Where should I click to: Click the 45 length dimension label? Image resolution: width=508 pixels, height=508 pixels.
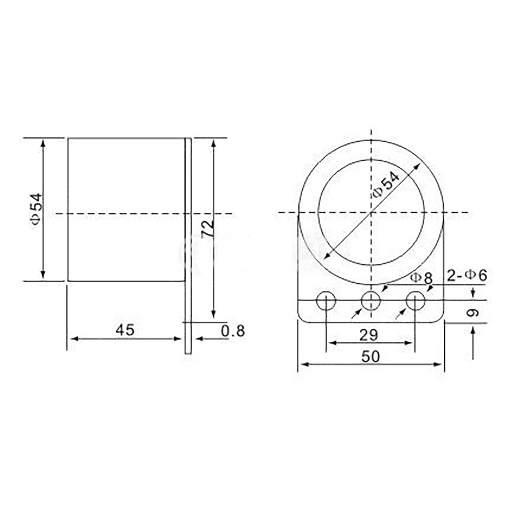pos(125,330)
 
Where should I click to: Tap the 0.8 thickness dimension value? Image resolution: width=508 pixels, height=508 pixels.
pos(233,331)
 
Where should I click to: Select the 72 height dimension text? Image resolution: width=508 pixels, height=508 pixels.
pos(207,228)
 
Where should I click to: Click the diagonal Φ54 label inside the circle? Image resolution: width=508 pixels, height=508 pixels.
pos(386,185)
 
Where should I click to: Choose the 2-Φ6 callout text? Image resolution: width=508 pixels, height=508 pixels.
pos(467,276)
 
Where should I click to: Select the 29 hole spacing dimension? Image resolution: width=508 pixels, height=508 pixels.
pos(368,335)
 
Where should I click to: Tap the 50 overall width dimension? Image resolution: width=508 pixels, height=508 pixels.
pos(371,357)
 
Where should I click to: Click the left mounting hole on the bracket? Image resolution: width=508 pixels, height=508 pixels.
pos(326,300)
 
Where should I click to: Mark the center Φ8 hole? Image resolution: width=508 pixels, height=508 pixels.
pos(371,300)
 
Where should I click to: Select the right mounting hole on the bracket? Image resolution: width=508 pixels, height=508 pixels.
pos(415,300)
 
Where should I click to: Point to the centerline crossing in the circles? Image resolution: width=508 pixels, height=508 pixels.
pos(372,213)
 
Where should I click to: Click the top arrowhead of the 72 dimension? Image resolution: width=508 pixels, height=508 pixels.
pos(213,142)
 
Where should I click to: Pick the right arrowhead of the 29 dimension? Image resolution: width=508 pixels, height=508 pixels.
pos(410,343)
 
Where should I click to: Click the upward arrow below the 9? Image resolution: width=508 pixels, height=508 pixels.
pos(473,332)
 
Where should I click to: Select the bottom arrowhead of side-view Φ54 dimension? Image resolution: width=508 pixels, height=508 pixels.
pos(43,276)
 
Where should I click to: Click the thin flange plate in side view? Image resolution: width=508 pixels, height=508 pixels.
pos(188,246)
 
